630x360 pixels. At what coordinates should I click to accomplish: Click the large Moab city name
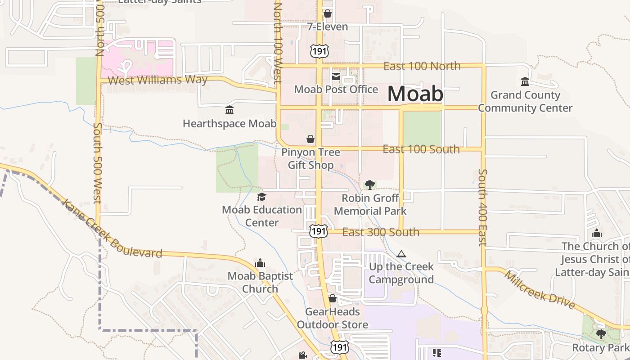click(x=415, y=94)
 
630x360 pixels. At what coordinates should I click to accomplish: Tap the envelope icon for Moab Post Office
click(x=336, y=76)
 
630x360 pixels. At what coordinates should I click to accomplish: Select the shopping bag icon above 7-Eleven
click(x=327, y=14)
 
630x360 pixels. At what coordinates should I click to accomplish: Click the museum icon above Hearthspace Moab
click(x=229, y=110)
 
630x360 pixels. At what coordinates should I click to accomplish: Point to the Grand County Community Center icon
click(x=525, y=82)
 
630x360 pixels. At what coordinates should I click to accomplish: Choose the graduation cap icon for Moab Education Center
click(x=261, y=197)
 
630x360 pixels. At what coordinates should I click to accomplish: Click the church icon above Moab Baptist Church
click(x=260, y=263)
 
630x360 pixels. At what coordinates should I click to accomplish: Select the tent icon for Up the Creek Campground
click(x=401, y=254)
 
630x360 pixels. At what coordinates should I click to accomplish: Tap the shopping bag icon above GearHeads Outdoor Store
click(x=332, y=298)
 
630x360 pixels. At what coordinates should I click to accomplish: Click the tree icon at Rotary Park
click(x=601, y=334)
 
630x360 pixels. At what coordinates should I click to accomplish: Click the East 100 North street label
click(x=422, y=66)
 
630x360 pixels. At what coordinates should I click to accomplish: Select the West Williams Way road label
click(x=158, y=80)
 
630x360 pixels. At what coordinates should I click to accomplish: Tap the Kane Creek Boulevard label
click(x=111, y=230)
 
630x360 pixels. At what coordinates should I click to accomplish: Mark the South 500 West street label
click(x=98, y=163)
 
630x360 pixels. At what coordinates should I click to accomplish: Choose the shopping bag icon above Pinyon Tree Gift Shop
click(x=310, y=139)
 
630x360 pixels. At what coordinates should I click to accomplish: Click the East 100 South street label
click(x=421, y=149)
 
